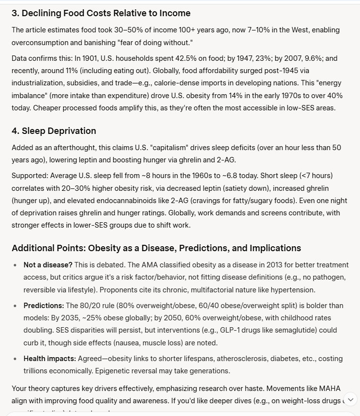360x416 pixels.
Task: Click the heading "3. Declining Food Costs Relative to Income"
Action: pos(101,13)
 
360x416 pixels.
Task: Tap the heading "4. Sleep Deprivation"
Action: pos(53,130)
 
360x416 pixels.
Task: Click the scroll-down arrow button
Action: pos(350,400)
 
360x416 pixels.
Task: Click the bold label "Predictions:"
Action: pos(44,305)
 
